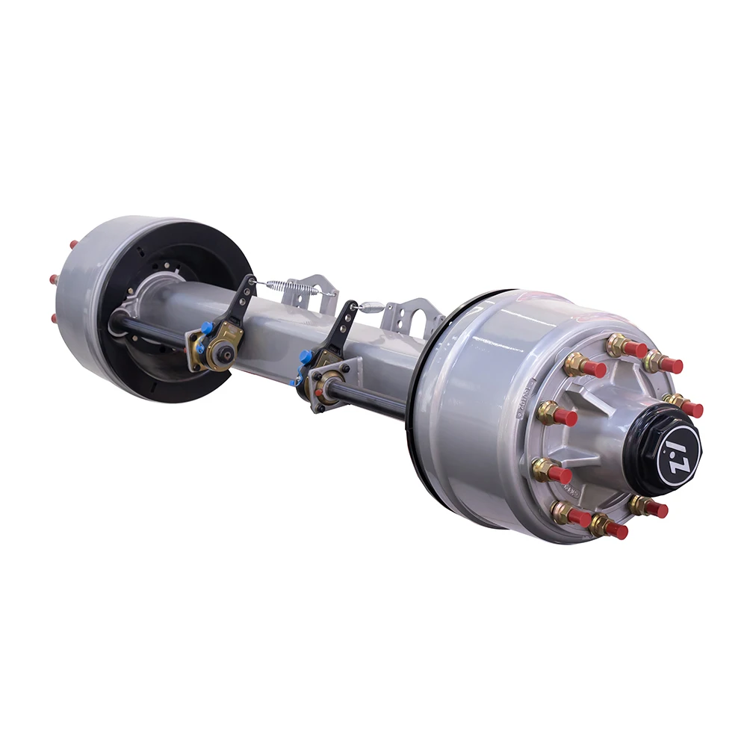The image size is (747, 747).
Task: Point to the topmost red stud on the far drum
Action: (x=73, y=244)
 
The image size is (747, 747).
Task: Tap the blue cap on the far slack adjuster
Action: (x=207, y=327)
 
